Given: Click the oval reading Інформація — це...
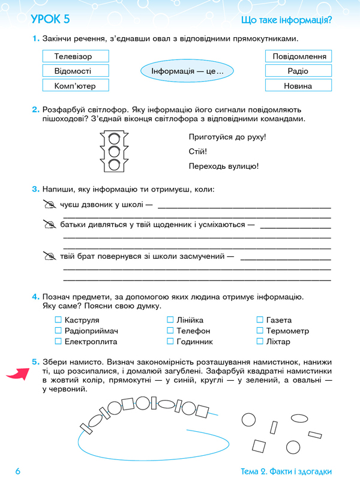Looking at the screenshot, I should point(187,72).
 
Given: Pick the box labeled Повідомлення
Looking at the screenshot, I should point(298,56).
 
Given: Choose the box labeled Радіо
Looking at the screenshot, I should point(298,71).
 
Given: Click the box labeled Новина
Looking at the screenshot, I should point(298,86).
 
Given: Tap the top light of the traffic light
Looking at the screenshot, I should point(114,138).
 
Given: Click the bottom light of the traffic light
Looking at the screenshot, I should point(114,165).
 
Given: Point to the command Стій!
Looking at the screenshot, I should point(197,151).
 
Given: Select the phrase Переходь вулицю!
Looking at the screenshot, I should point(223,166).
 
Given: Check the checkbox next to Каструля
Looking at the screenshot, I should point(58,320).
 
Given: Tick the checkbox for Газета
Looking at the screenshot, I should point(260,320).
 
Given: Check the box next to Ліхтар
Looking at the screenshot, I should point(260,342).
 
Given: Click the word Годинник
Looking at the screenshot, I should point(194,342).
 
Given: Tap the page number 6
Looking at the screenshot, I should point(18,471).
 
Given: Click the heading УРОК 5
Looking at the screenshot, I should point(50,20).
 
